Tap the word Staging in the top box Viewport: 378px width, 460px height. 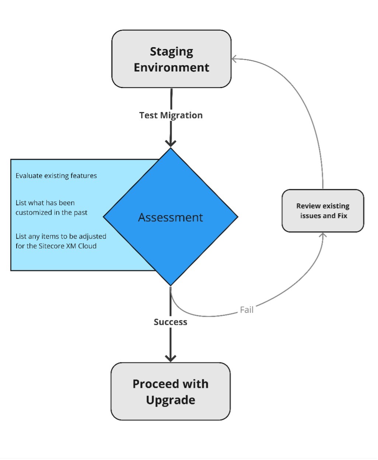(171, 52)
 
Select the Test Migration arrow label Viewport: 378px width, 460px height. (171, 115)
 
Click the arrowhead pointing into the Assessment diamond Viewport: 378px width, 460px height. (171, 143)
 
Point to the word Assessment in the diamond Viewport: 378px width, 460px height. (171, 217)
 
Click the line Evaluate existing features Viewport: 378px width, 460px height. (56, 176)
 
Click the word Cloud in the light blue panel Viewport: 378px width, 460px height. (87, 246)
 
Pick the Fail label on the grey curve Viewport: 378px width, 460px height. (246, 310)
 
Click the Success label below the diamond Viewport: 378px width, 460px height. (170, 322)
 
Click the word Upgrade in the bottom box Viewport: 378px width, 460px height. (171, 400)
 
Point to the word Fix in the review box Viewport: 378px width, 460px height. (342, 216)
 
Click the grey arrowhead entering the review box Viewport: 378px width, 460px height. (323, 235)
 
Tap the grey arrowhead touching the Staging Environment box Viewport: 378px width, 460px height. (234, 59)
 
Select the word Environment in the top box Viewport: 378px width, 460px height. (171, 68)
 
